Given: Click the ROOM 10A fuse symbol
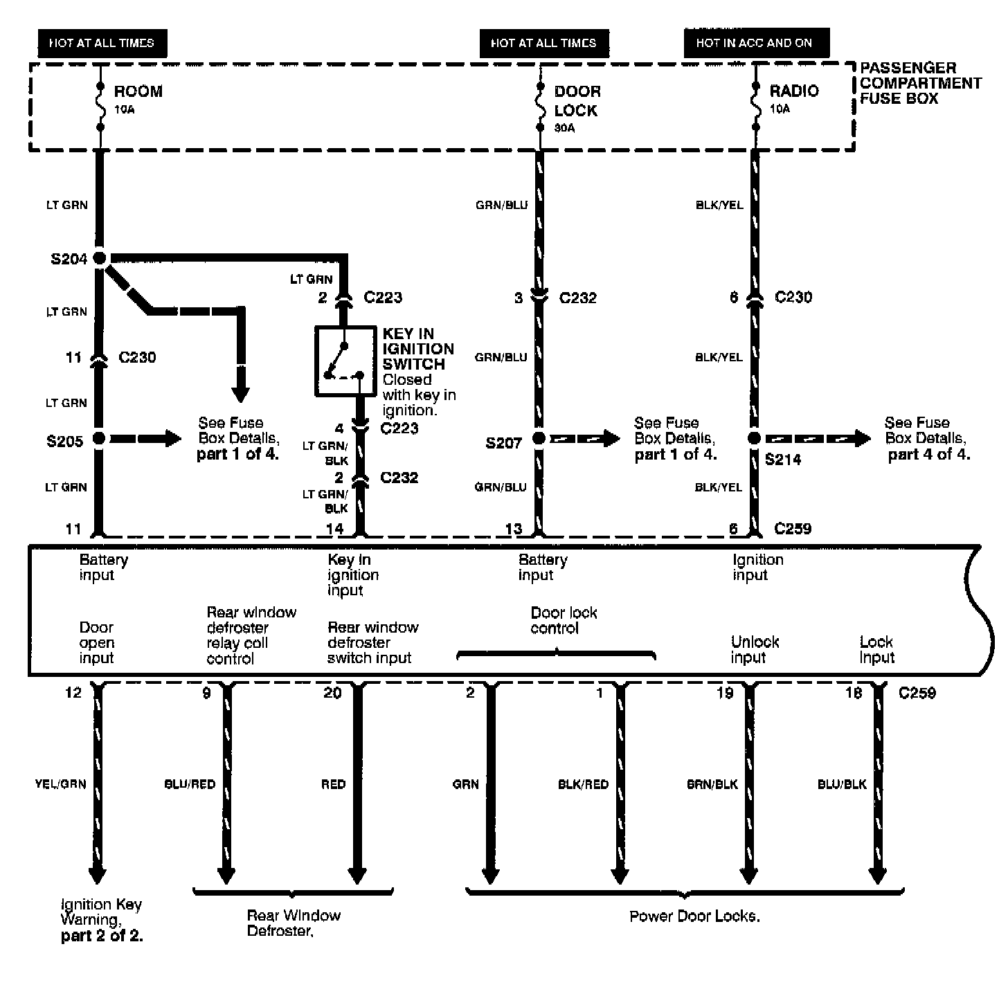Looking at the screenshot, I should click(100, 107).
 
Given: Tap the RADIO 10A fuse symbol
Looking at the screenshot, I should click(755, 107).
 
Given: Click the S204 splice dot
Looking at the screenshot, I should click(100, 258).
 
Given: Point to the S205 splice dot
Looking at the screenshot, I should click(100, 438).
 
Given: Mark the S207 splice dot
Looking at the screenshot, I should click(539, 438).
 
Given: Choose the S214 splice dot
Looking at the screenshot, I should click(755, 438).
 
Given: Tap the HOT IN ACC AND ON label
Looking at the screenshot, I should click(754, 43).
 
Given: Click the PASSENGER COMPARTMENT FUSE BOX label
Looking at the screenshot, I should click(919, 83).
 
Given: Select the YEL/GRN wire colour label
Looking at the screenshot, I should click(61, 784).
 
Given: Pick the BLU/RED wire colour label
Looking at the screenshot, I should click(190, 784).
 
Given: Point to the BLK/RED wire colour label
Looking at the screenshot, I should click(584, 784).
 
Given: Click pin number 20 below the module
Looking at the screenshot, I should click(333, 693).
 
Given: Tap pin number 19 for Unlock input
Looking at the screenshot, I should click(725, 693).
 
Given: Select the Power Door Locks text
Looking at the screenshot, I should click(694, 916).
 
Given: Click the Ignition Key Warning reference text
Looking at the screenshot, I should click(102, 921).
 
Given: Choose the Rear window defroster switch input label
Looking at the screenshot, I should click(372, 642).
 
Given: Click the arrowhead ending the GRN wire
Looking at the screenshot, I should click(490, 875).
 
